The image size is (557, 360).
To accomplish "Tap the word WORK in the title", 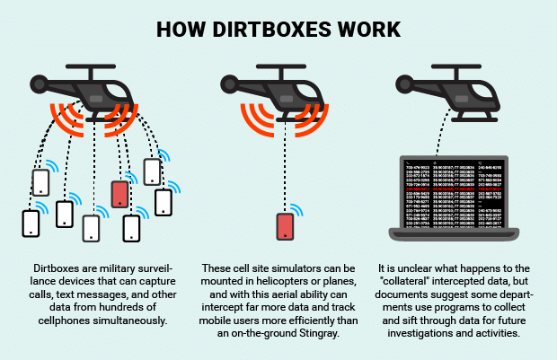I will [x=367, y=28].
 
